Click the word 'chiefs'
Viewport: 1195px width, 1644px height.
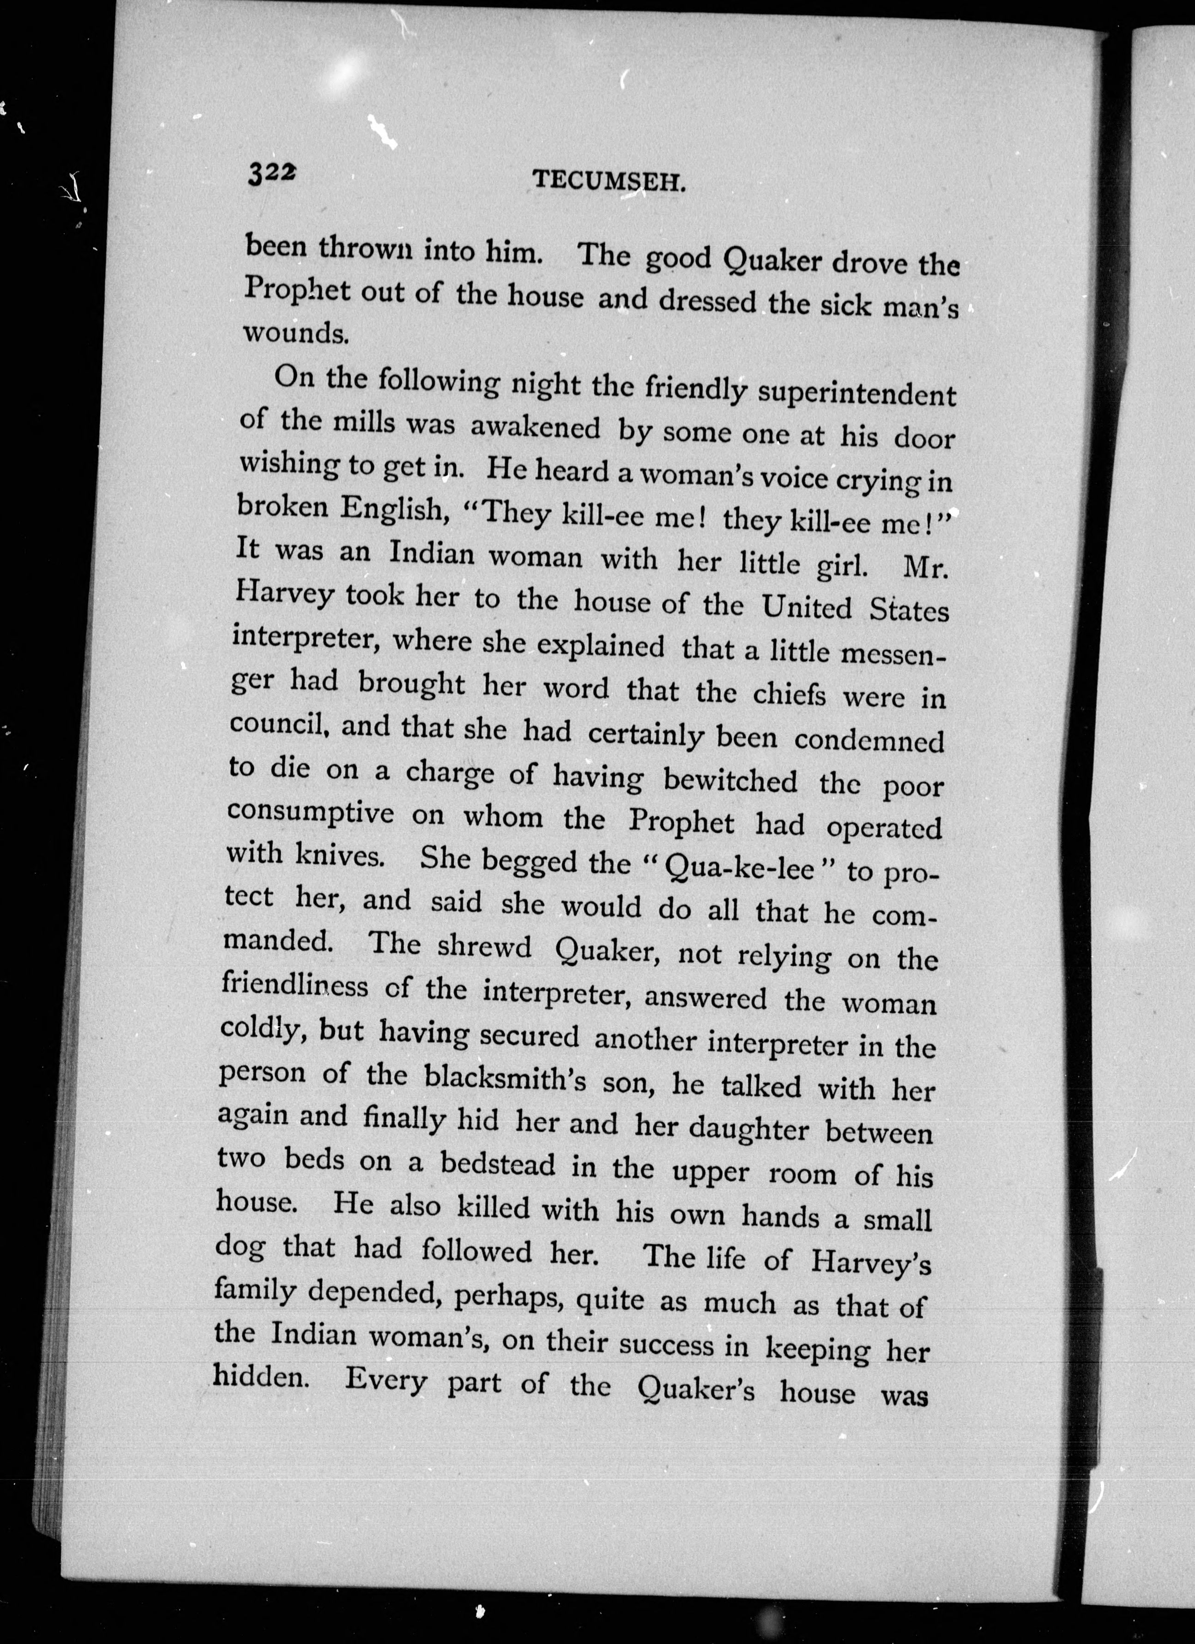789,694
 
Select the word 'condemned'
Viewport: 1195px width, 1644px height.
869,739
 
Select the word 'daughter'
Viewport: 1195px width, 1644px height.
748,1127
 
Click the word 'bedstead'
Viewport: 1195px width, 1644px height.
498,1165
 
